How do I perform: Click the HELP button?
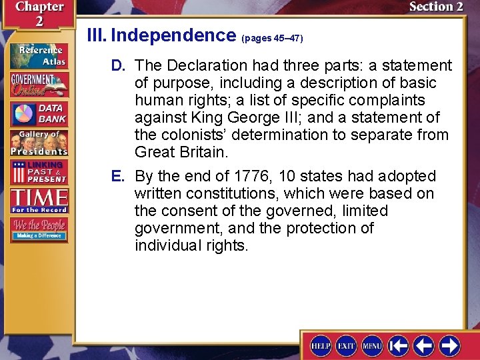321,346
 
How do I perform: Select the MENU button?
372,346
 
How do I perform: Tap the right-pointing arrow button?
449,346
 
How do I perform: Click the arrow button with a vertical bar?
398,346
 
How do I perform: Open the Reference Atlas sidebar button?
39,55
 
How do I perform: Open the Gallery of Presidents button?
39,142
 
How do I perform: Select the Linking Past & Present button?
39,171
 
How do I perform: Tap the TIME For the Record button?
39,199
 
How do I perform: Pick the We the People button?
39,229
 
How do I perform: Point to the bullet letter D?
119,65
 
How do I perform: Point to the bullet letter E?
119,176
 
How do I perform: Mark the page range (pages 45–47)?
272,38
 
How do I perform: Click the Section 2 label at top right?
435,7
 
